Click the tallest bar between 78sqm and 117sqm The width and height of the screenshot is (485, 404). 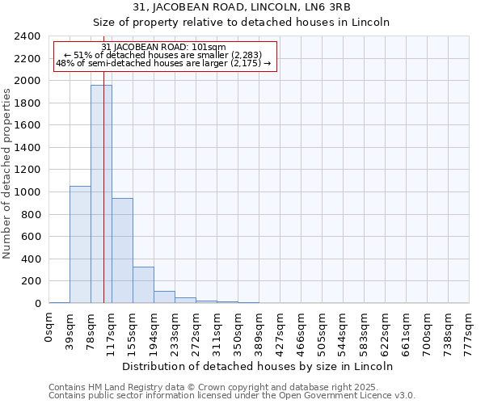coord(101,194)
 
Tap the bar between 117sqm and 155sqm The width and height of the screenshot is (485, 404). coord(122,250)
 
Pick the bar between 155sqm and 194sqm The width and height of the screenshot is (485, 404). coord(143,284)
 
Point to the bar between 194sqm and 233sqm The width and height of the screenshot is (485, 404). coord(164,297)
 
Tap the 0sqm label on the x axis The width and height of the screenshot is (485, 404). coord(49,326)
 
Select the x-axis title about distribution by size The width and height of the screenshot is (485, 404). coord(259,366)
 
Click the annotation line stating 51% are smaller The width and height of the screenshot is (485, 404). coord(165,56)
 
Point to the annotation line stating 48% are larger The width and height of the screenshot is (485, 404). coord(164,64)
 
